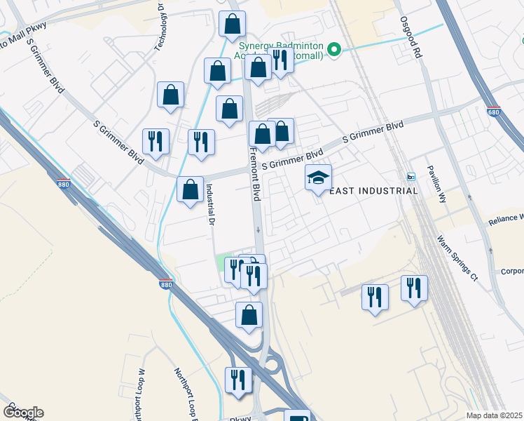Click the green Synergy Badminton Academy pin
335,49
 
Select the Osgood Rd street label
413,39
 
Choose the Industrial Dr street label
209,205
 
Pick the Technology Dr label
160,21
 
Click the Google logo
23,412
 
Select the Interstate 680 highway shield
493,112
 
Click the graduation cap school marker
318,178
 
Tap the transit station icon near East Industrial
412,175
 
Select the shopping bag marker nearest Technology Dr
170,94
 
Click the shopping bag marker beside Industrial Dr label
190,189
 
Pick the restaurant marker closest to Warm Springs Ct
414,288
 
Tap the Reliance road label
506,220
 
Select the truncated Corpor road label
511,271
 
